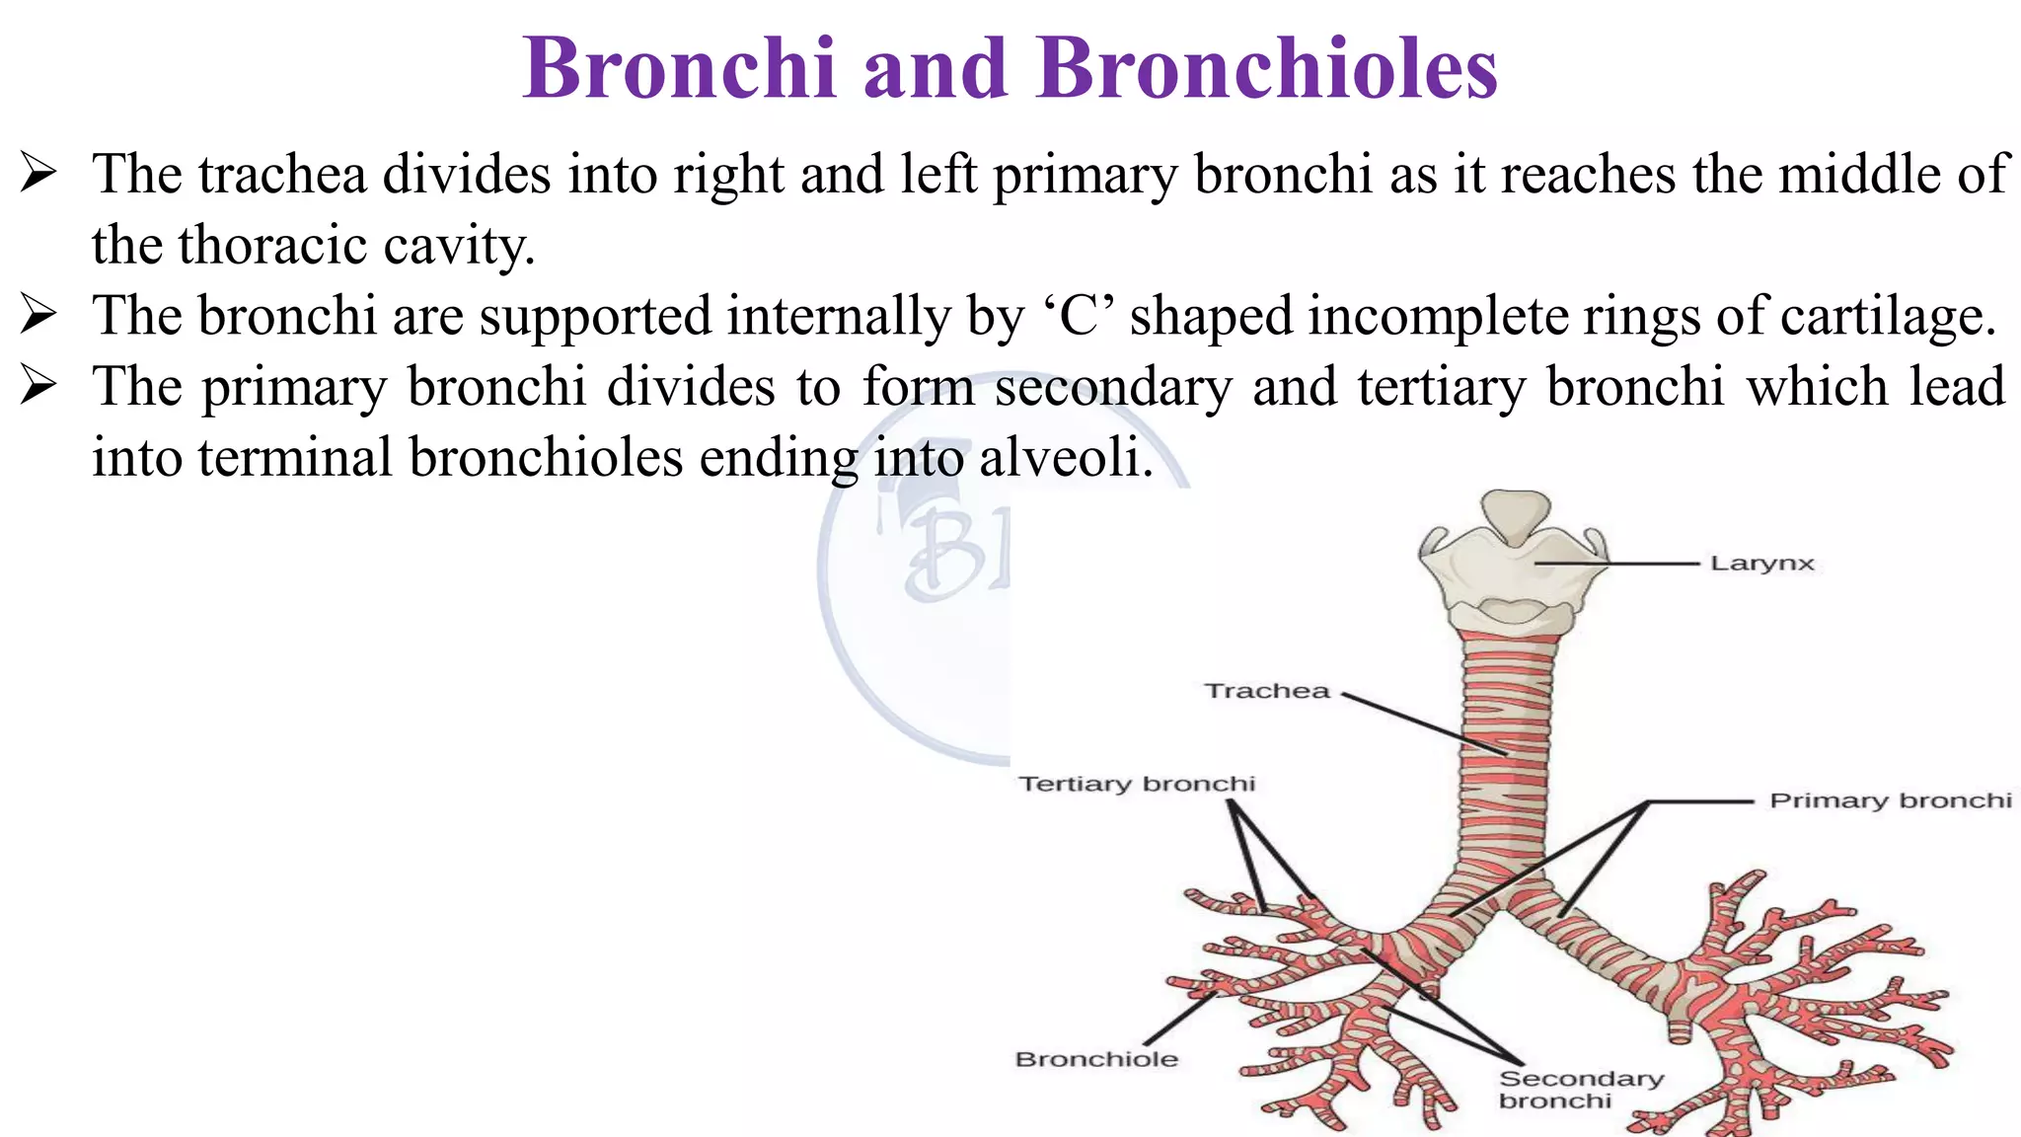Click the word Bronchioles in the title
(x=1267, y=68)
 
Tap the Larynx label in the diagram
(x=1762, y=564)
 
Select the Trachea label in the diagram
(x=1267, y=691)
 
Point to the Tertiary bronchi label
(x=1137, y=784)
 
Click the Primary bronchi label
(x=1890, y=800)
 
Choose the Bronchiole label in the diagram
(x=1096, y=1059)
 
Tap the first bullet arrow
(x=38, y=176)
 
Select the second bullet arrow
(x=38, y=317)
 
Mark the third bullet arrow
(x=38, y=387)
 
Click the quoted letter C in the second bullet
(x=1080, y=317)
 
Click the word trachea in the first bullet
(x=282, y=175)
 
